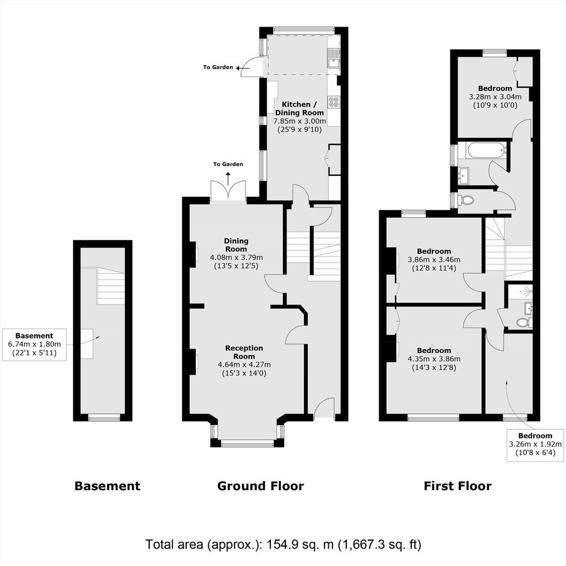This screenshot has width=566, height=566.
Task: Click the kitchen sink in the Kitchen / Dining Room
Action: [x=334, y=58]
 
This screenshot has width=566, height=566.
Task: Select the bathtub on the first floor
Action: [x=485, y=151]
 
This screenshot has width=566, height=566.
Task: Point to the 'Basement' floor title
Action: [x=107, y=486]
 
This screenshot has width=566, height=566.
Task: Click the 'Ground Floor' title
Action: [x=261, y=486]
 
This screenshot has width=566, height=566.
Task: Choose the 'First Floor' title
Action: [x=458, y=486]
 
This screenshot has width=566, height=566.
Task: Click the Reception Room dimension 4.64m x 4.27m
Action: [x=244, y=364]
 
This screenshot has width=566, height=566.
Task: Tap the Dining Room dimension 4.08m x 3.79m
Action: [x=237, y=257]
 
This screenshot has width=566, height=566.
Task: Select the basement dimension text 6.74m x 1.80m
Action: [x=34, y=344]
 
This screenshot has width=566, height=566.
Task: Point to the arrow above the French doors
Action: [x=228, y=179]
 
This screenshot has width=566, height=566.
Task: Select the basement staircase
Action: [x=111, y=286]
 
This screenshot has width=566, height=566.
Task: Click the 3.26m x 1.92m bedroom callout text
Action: [x=535, y=444]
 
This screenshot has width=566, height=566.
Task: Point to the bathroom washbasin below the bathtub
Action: [x=464, y=176]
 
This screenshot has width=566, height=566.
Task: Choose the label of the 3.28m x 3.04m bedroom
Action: [x=495, y=89]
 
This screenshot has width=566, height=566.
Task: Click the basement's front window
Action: [x=104, y=418]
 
